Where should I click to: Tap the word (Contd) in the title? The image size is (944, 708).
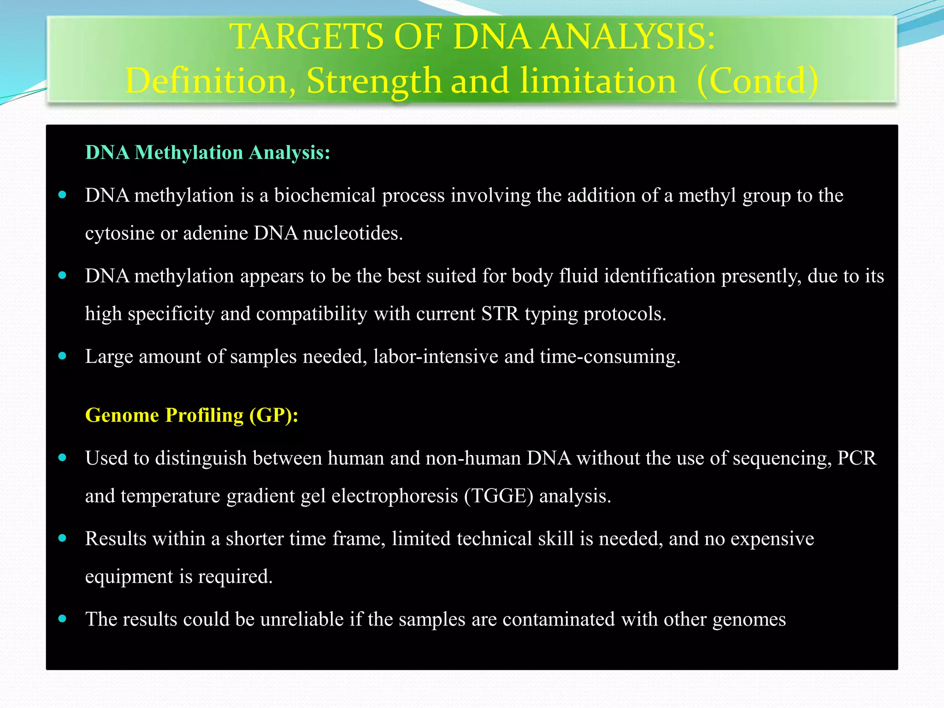pyautogui.click(x=757, y=81)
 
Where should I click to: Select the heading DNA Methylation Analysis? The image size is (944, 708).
pyautogui.click(x=208, y=153)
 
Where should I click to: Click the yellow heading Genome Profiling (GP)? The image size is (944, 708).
pyautogui.click(x=192, y=415)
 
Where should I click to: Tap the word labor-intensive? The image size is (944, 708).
pyautogui.click(x=436, y=357)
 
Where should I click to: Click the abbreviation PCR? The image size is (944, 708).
pyautogui.click(x=856, y=458)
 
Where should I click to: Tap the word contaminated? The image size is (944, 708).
pyautogui.click(x=558, y=619)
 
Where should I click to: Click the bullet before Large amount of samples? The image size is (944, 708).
pyautogui.click(x=63, y=356)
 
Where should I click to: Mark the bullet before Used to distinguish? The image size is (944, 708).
pyautogui.click(x=63, y=457)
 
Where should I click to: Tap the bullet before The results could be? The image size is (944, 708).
pyautogui.click(x=63, y=619)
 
